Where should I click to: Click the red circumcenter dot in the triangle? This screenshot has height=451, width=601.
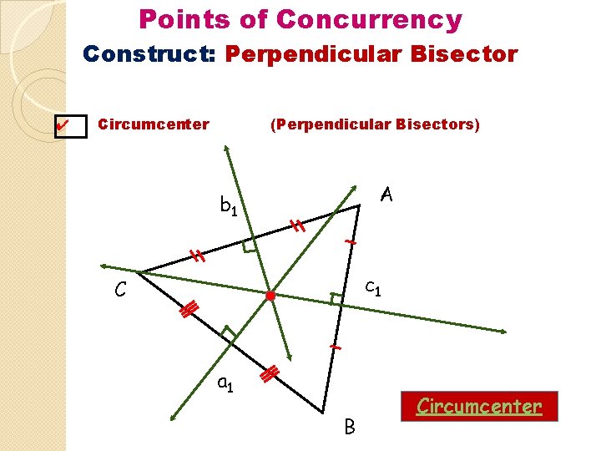click(x=270, y=296)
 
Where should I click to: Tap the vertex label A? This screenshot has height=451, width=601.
click(x=385, y=195)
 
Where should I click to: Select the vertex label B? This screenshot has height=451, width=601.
click(x=350, y=427)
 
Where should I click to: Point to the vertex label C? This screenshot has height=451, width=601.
click(x=121, y=291)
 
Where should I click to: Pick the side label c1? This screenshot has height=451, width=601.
click(x=373, y=288)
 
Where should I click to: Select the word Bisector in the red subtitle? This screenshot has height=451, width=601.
click(x=468, y=54)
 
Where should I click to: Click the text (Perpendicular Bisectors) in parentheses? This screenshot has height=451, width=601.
click(x=375, y=124)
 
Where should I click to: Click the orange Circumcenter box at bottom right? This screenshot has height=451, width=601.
click(x=478, y=407)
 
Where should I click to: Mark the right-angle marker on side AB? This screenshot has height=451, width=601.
click(x=336, y=298)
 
